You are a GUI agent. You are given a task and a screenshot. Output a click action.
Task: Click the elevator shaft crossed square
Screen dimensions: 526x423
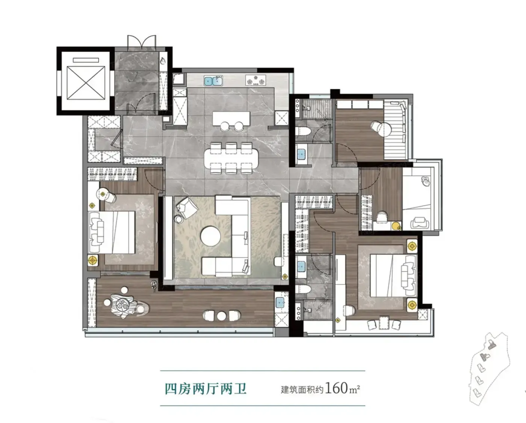(86, 83)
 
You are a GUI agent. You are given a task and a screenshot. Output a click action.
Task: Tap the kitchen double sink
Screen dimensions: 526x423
(213, 81)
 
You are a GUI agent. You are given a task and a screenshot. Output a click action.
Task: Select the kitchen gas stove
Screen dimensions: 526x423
(255, 80)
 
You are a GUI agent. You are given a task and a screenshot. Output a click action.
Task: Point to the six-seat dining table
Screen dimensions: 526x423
(231, 159)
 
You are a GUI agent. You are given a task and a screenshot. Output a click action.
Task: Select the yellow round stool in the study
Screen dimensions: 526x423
(396, 226)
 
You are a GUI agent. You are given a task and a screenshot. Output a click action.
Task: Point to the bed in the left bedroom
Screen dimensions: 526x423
(112, 232)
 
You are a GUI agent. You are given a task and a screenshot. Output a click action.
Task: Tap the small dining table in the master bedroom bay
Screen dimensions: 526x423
(384, 323)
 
